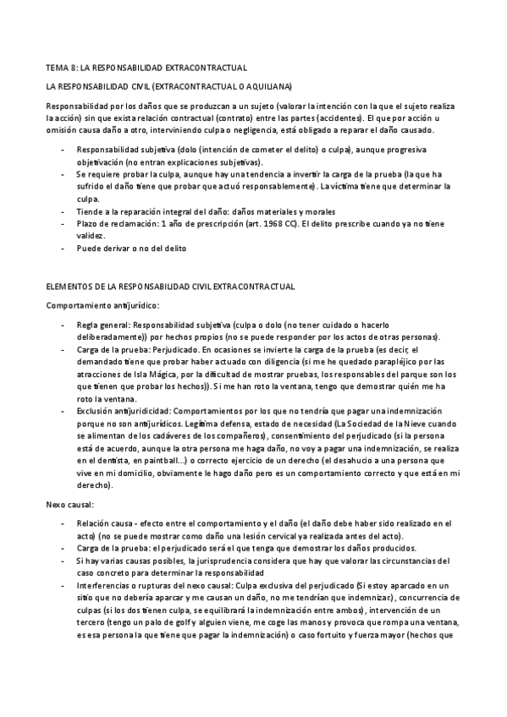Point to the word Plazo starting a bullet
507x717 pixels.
point(88,223)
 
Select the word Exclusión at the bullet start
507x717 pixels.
point(96,409)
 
